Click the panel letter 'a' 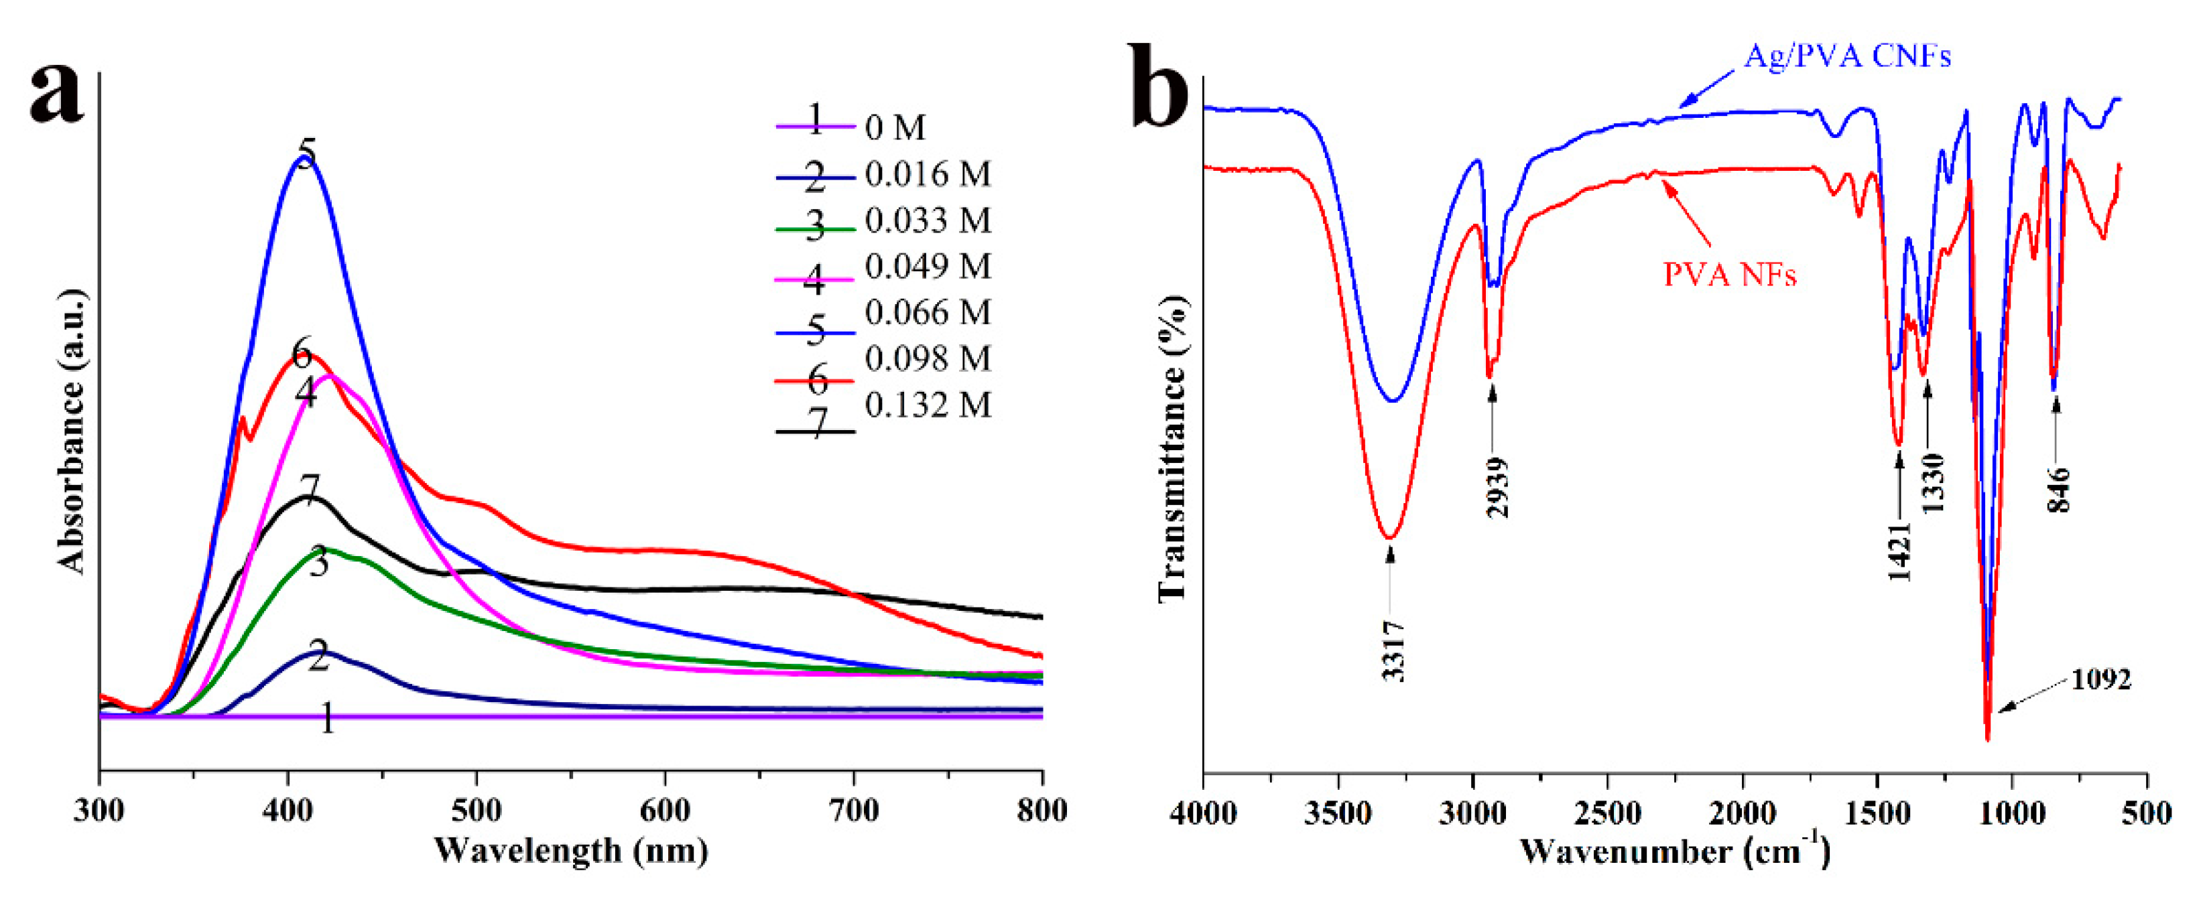pos(58,94)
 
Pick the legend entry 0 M pos(895,128)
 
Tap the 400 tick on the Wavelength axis pos(289,810)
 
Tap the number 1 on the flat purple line pos(327,719)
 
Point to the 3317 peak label pos(1394,651)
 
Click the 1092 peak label pos(2100,680)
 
